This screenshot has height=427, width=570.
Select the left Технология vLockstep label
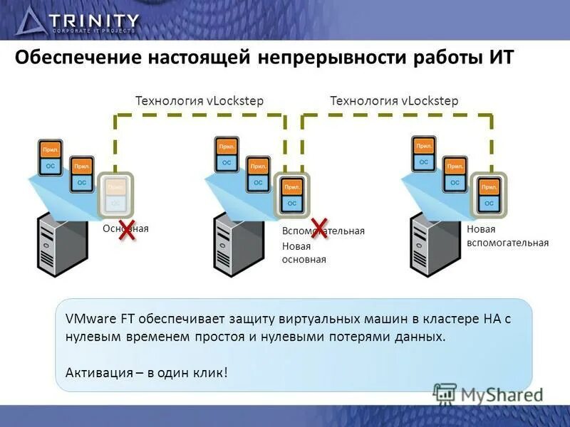[x=199, y=101]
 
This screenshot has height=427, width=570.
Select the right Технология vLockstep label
[x=394, y=101]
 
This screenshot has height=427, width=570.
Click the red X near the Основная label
[x=128, y=230]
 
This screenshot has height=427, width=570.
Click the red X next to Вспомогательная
[x=318, y=228]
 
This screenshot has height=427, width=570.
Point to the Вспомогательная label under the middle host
[x=323, y=231]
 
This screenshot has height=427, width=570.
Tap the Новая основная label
[x=304, y=253]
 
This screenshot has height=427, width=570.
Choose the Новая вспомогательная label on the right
[x=507, y=236]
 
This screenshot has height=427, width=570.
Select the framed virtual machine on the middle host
[x=291, y=194]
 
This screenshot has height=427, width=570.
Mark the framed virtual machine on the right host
[x=489, y=194]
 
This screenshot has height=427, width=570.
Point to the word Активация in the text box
[x=93, y=371]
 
